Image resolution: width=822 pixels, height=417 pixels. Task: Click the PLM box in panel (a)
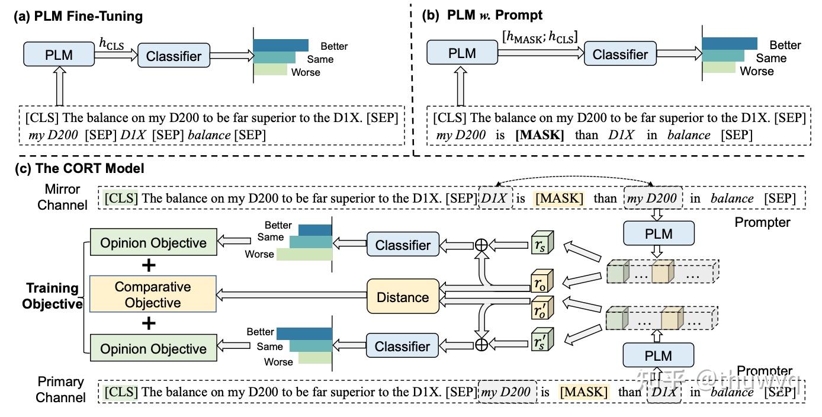(x=59, y=56)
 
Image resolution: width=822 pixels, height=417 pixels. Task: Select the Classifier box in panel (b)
(x=620, y=54)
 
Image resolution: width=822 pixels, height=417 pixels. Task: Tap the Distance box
(x=403, y=297)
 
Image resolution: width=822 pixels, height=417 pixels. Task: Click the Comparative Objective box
(x=153, y=294)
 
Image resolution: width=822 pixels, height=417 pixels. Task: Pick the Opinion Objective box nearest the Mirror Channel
(x=153, y=243)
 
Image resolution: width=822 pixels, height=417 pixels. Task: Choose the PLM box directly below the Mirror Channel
(x=659, y=233)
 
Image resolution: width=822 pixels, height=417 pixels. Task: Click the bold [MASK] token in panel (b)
(x=540, y=135)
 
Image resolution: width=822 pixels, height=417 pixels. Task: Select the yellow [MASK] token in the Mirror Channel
(x=559, y=198)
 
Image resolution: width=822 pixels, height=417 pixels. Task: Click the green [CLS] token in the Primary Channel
(x=121, y=392)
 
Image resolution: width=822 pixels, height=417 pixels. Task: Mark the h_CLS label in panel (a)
(x=111, y=43)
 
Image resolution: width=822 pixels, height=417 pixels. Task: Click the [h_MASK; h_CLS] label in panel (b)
(x=540, y=37)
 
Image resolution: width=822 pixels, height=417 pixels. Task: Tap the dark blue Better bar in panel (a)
(x=281, y=46)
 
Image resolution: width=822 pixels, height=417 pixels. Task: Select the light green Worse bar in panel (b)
(x=718, y=68)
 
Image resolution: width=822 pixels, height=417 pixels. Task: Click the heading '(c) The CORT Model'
(x=79, y=168)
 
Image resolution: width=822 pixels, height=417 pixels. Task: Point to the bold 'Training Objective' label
(x=52, y=296)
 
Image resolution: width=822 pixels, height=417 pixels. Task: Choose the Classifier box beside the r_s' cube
(x=403, y=346)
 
